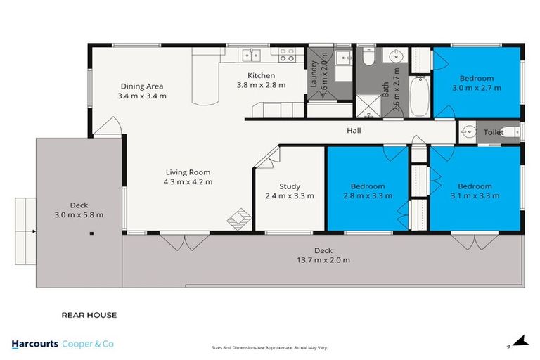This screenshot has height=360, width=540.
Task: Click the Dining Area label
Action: tap(141, 86)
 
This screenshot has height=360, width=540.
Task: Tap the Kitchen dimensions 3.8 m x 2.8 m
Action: tap(261, 85)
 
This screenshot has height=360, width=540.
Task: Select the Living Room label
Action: tap(188, 172)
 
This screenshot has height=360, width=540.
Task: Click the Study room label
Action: tap(290, 186)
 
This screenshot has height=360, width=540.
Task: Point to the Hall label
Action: tap(354, 131)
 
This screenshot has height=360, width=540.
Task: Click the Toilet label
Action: tap(494, 132)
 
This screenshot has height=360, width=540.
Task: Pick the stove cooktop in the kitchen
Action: tap(287, 54)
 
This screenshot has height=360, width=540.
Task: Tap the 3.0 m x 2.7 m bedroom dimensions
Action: tap(476, 88)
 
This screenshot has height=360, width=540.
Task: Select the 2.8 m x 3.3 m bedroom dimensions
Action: tap(368, 196)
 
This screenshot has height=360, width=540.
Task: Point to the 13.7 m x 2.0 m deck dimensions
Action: tap(323, 259)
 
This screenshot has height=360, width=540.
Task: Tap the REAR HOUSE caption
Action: tap(89, 315)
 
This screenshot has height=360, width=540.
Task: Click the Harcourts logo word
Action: tap(36, 344)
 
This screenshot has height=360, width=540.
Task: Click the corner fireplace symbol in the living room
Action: tap(238, 219)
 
